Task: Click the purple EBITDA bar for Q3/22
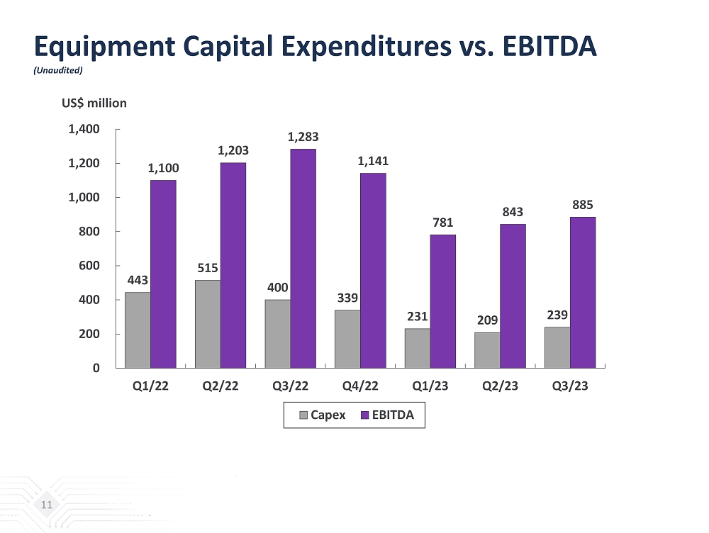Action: [303, 258]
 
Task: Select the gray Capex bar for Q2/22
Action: [207, 324]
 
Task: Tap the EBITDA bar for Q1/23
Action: [443, 301]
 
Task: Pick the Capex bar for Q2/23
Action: [487, 350]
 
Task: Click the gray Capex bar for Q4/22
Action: [347, 339]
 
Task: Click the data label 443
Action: [138, 281]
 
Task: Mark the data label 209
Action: [487, 321]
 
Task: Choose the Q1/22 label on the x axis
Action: [150, 386]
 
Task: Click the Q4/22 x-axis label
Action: [361, 386]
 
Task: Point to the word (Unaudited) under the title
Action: [60, 70]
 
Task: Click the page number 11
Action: [47, 505]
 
